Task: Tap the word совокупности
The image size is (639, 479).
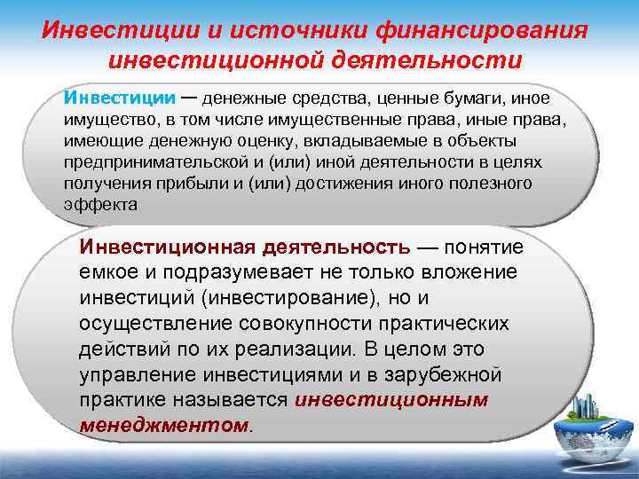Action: (x=297, y=323)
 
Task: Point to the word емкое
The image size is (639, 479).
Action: (x=104, y=271)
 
